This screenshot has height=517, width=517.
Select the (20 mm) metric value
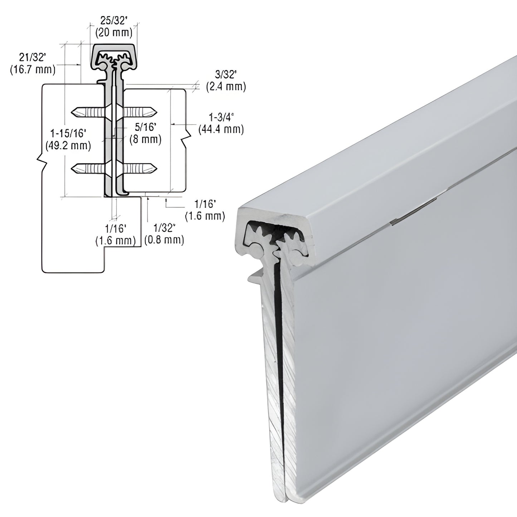tap(114, 33)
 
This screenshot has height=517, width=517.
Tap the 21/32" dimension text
tap(33, 57)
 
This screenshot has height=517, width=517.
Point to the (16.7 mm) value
tap(33, 69)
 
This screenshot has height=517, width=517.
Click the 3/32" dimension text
tap(226, 74)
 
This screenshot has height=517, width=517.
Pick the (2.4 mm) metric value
tap(226, 86)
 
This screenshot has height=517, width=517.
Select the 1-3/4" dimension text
tap(221, 117)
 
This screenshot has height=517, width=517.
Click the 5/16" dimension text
tap(145, 127)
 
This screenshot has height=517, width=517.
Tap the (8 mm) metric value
tap(145, 139)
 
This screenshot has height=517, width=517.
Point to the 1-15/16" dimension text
tap(68, 133)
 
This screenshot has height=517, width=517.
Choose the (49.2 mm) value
tap(68, 145)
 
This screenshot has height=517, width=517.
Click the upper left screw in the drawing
tap(88, 112)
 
